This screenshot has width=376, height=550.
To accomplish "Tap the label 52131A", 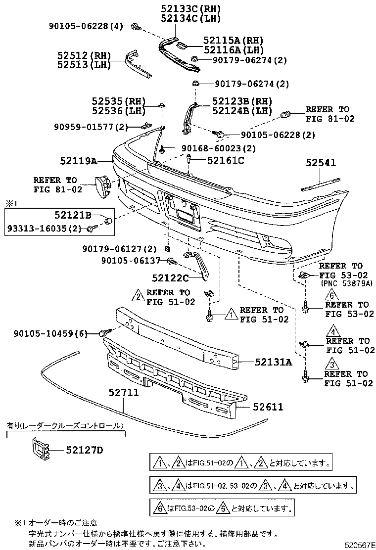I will (x=274, y=362).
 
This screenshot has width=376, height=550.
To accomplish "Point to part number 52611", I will (x=268, y=407).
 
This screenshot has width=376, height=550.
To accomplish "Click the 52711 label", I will (x=123, y=393).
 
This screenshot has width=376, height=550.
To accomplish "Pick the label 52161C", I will (x=225, y=160).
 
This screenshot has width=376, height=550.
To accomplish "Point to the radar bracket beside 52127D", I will (x=40, y=450).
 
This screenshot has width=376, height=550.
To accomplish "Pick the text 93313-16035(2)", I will (x=44, y=228).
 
